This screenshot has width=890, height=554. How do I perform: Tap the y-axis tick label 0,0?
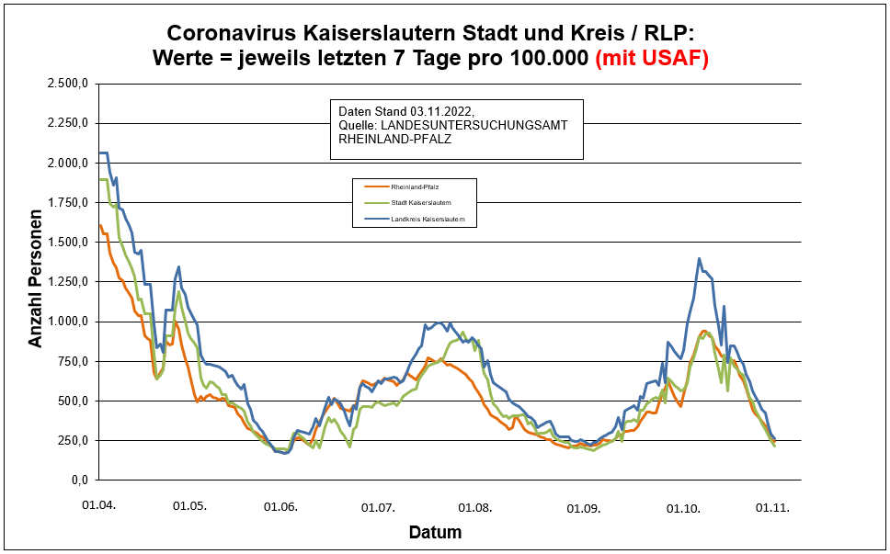pos(79,481)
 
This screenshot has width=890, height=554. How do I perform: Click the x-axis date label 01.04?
pos(98,506)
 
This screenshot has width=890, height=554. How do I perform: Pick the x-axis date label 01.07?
pos(378,506)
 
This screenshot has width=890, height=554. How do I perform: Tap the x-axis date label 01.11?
pos(772,506)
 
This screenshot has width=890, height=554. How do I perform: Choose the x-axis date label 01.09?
pos(583,506)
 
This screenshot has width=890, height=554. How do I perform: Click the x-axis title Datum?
pos(435,533)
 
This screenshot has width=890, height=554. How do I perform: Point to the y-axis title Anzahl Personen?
pos(36,283)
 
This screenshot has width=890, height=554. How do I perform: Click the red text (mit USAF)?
pos(653,59)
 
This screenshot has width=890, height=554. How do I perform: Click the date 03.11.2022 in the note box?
pos(443,110)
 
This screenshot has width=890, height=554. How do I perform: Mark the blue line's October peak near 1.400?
pos(699,259)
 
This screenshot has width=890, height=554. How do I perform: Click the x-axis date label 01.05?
pos(190,506)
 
